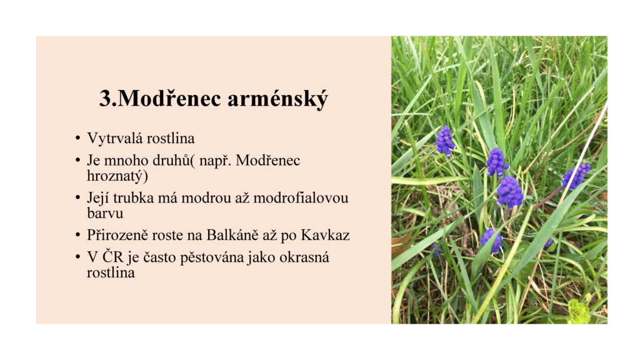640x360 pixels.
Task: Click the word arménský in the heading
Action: click(x=277, y=99)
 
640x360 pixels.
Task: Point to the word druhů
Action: click(x=171, y=161)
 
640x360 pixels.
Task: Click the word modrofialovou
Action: click(x=301, y=198)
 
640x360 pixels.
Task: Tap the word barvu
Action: click(x=105, y=214)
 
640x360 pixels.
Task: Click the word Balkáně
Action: click(x=232, y=236)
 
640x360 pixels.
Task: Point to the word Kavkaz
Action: click(x=325, y=236)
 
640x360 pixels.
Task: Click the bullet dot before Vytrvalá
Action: click(x=77, y=139)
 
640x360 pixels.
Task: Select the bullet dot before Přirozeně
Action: click(x=77, y=236)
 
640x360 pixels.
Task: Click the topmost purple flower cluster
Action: click(x=444, y=141)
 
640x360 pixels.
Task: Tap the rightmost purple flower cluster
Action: click(x=576, y=176)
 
